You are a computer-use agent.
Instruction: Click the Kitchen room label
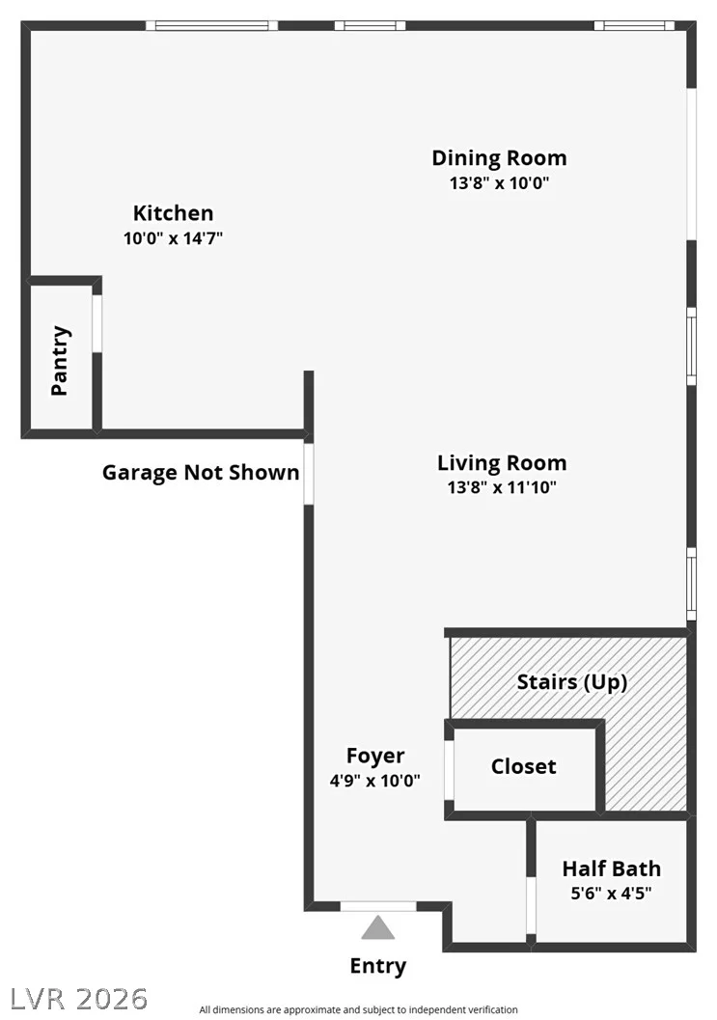click(x=173, y=212)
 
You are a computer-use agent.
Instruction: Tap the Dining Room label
click(x=499, y=158)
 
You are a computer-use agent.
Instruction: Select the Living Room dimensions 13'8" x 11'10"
click(x=502, y=487)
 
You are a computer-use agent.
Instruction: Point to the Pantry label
click(x=60, y=360)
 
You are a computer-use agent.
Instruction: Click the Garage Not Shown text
click(x=201, y=472)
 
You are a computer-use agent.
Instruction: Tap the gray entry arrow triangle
click(x=378, y=927)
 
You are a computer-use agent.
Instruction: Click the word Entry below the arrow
click(x=378, y=966)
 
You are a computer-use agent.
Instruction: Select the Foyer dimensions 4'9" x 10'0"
click(x=374, y=781)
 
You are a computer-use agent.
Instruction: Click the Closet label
click(x=524, y=766)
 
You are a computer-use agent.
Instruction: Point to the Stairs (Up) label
click(x=572, y=681)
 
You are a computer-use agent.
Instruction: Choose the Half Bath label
click(x=611, y=868)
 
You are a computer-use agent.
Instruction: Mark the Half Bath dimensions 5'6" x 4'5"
click(x=611, y=894)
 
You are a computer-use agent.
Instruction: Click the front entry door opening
click(x=378, y=906)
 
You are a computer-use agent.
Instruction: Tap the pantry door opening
click(x=97, y=324)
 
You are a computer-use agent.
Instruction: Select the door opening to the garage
click(x=309, y=473)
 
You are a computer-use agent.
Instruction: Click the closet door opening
click(x=449, y=769)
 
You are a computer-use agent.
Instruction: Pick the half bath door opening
click(x=531, y=905)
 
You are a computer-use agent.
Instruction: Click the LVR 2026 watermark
click(x=79, y=999)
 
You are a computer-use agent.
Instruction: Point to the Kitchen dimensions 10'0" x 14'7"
click(x=173, y=238)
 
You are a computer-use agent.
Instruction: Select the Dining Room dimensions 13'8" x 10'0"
click(x=499, y=182)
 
